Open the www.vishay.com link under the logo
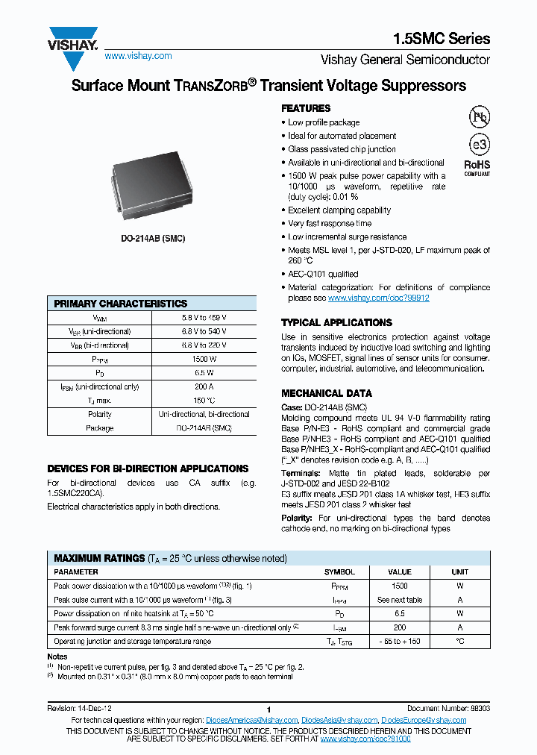(138, 56)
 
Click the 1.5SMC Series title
(442, 39)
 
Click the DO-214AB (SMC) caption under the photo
(153, 238)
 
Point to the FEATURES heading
(306, 108)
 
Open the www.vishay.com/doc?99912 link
(379, 298)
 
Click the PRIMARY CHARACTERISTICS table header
(121, 304)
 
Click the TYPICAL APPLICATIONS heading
(336, 322)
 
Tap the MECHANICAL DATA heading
(326, 393)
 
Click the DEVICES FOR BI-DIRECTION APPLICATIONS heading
(148, 469)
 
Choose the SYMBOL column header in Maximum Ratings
(339, 572)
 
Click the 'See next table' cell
(400, 600)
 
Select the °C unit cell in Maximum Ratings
(460, 641)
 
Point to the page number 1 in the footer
(268, 709)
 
